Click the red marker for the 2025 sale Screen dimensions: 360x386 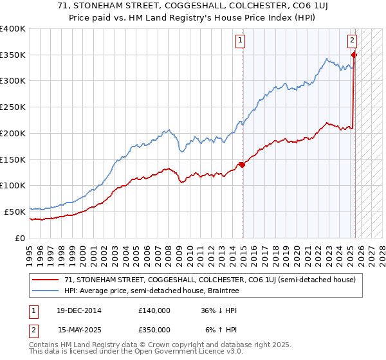pyautogui.click(x=354, y=55)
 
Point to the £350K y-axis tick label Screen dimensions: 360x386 pyautogui.click(x=13, y=55)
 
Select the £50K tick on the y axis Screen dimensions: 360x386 pyautogui.click(x=15, y=212)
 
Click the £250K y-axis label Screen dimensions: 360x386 pyautogui.click(x=13, y=107)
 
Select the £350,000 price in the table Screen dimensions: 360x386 pyautogui.click(x=154, y=329)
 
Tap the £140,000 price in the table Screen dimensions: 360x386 pyautogui.click(x=154, y=310)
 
